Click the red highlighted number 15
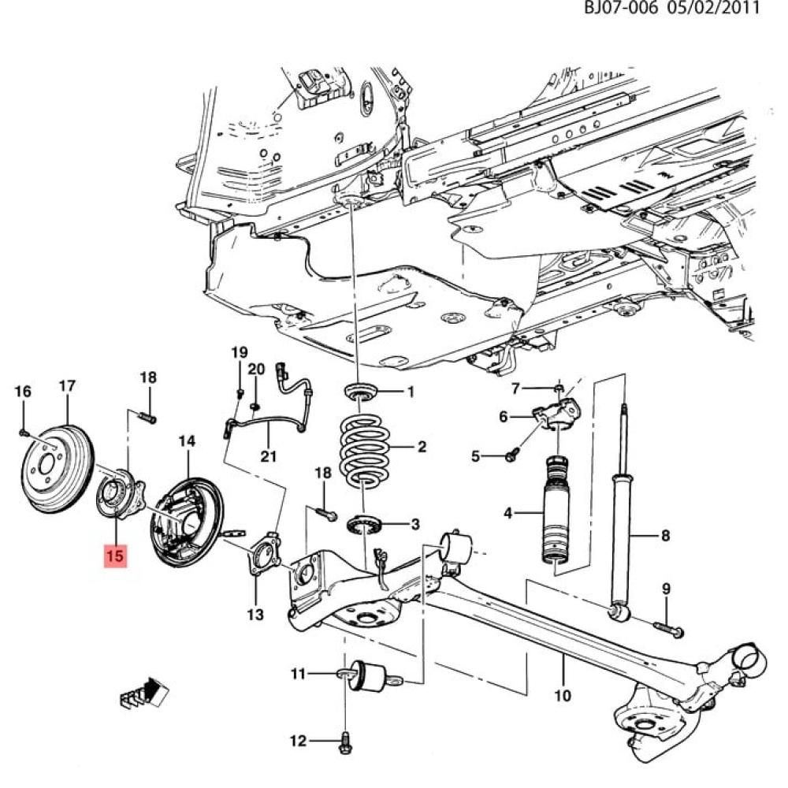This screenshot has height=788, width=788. (x=114, y=556)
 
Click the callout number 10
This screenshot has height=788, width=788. (x=563, y=696)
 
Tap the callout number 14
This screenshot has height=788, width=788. (x=187, y=441)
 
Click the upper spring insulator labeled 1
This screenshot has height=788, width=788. (x=360, y=392)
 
